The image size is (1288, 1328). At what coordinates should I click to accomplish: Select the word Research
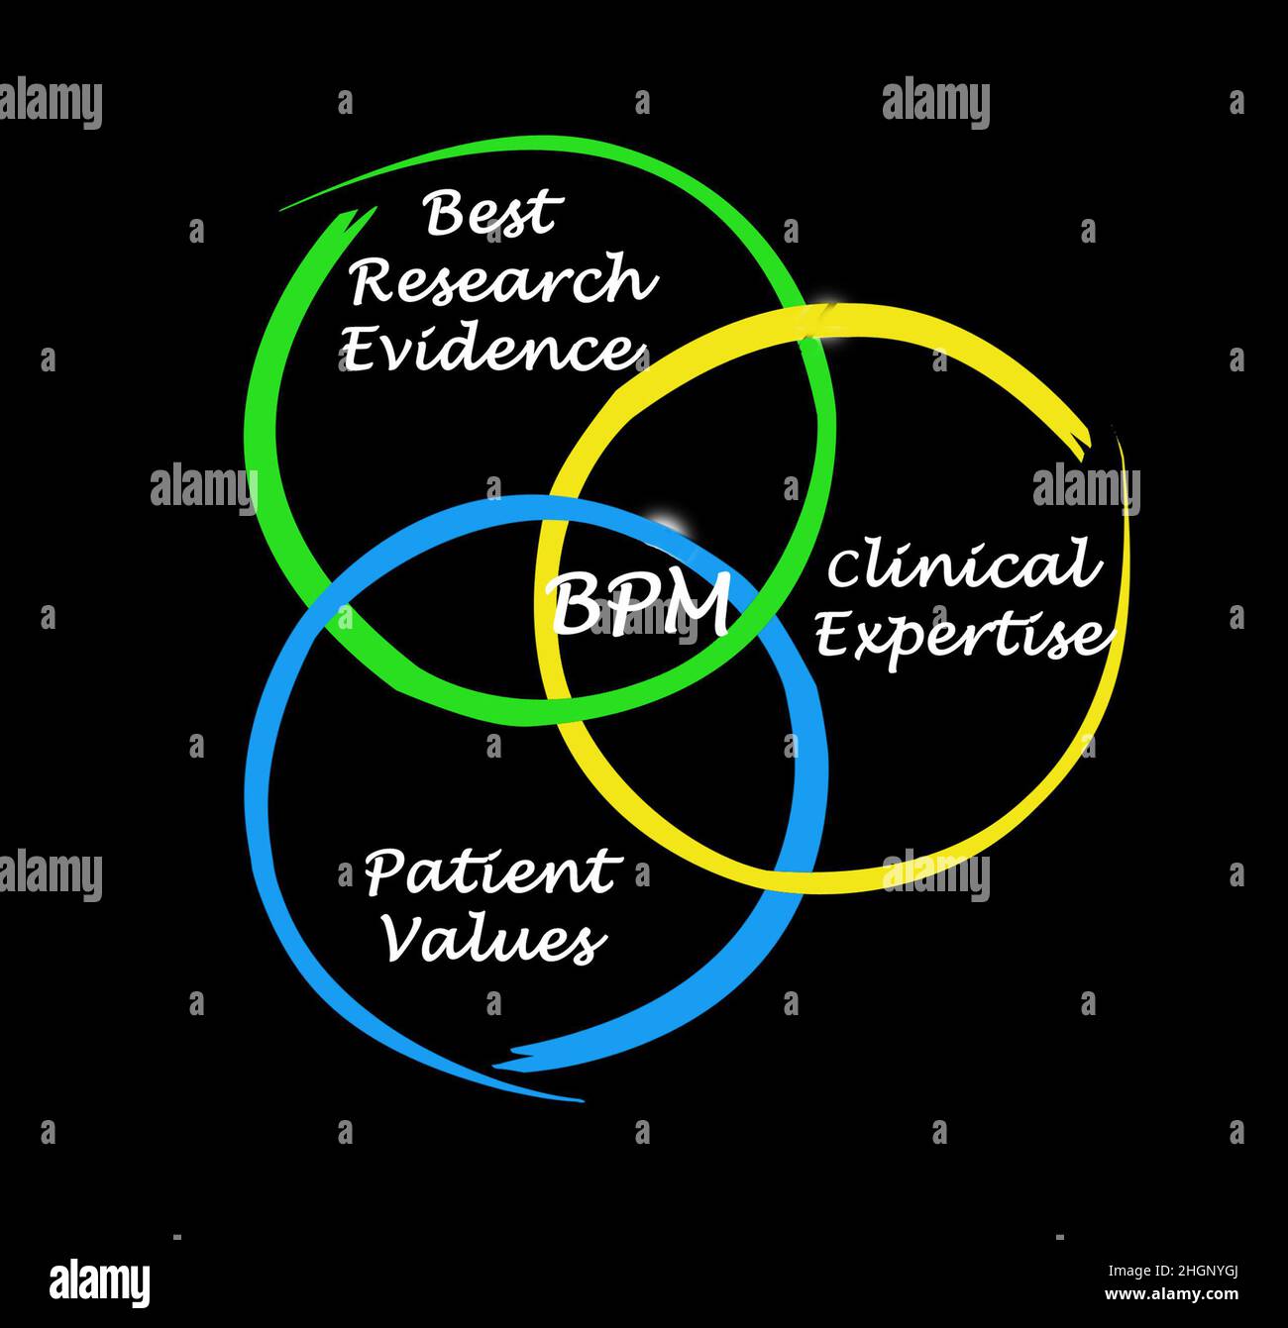pos(503,281)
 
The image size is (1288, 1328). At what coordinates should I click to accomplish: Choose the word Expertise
pos(958,634)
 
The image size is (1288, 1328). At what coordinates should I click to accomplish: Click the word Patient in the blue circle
pos(490,872)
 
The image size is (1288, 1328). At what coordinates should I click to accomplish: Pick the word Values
pos(493,939)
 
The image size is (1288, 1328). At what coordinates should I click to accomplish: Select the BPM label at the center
pos(640,605)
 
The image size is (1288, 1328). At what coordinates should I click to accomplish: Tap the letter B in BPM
pos(573,605)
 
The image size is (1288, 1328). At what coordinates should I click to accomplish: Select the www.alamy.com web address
pos(1171,1293)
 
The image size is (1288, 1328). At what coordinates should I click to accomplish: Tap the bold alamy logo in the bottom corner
pos(100,1282)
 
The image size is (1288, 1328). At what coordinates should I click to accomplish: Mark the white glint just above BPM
pos(666,523)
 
